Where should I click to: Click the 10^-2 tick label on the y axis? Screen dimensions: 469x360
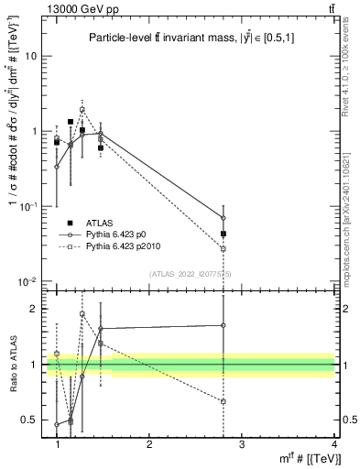(31, 281)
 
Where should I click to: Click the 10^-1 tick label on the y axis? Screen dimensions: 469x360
(31, 206)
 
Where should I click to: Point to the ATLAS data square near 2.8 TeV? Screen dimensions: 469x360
(224, 234)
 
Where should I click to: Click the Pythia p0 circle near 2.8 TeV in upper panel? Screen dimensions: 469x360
(224, 218)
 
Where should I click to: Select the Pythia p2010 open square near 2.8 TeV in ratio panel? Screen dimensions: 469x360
(224, 401)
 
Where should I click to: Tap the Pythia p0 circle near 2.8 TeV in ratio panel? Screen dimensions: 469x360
(224, 324)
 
